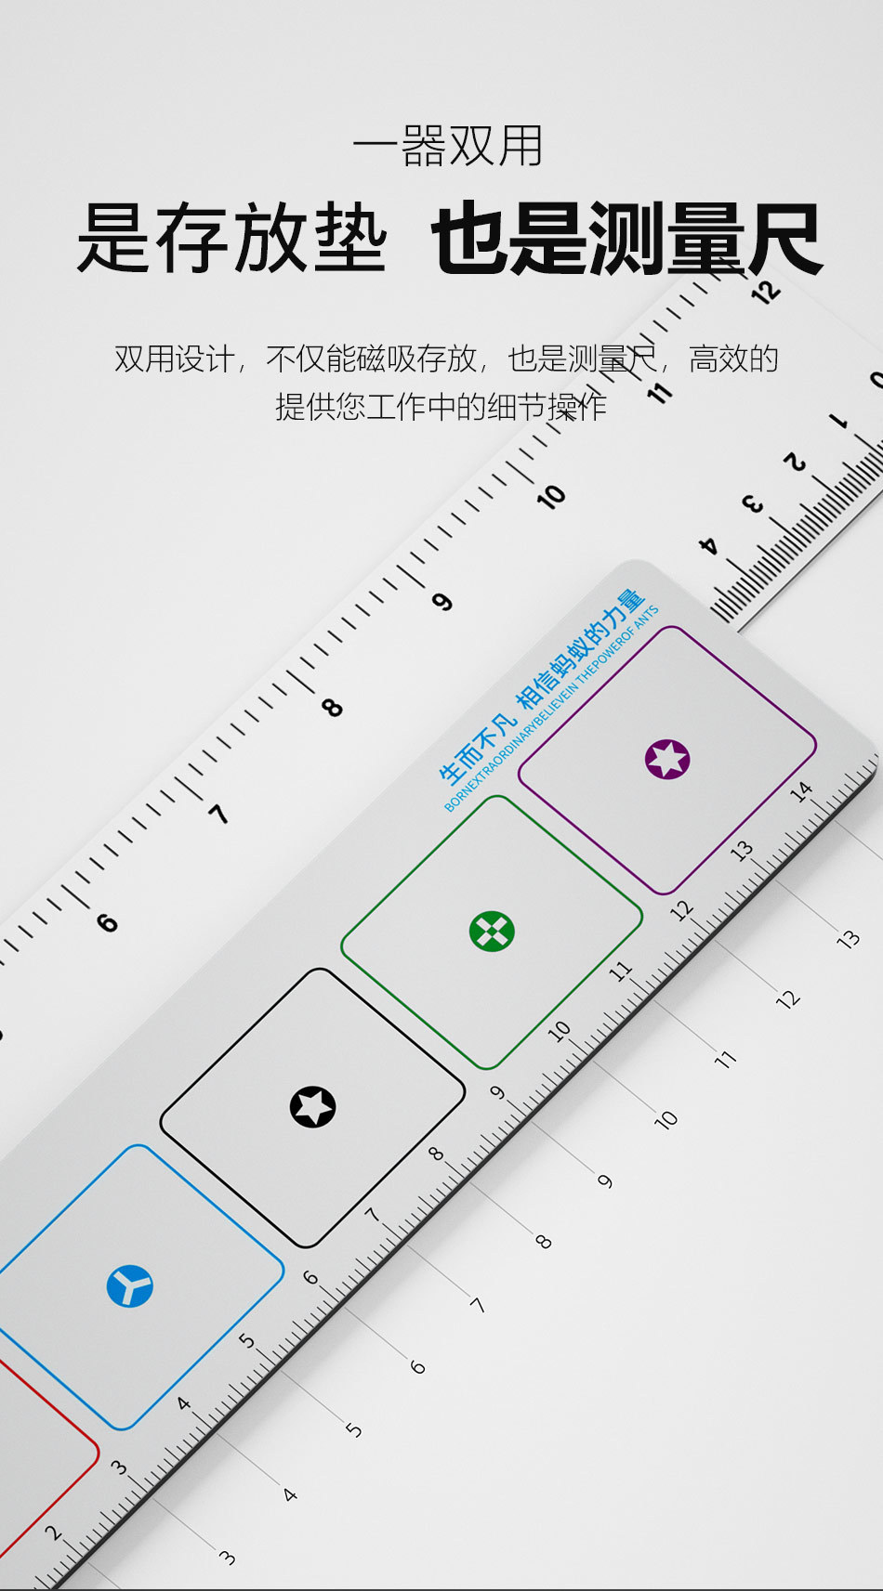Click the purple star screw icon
click(x=667, y=759)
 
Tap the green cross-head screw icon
click(x=492, y=931)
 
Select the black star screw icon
click(x=313, y=1106)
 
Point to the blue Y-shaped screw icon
click(x=129, y=1286)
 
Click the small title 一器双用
click(x=448, y=146)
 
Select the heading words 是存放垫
click(x=231, y=240)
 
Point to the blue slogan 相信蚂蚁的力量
click(x=580, y=647)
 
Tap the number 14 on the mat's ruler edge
click(x=800, y=791)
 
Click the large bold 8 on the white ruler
click(x=332, y=708)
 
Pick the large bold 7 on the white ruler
click(x=218, y=815)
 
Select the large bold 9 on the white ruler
click(x=442, y=602)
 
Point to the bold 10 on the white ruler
click(x=550, y=497)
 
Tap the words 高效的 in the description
click(x=733, y=359)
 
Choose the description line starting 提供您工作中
click(x=441, y=406)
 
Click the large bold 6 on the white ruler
click(x=108, y=922)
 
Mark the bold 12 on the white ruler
click(x=766, y=293)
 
